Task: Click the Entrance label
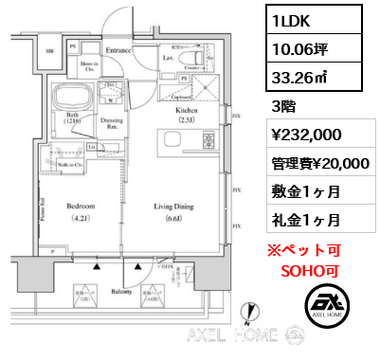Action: pos(118,48)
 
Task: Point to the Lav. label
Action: pos(167,58)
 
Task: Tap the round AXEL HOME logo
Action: pos(328,309)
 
